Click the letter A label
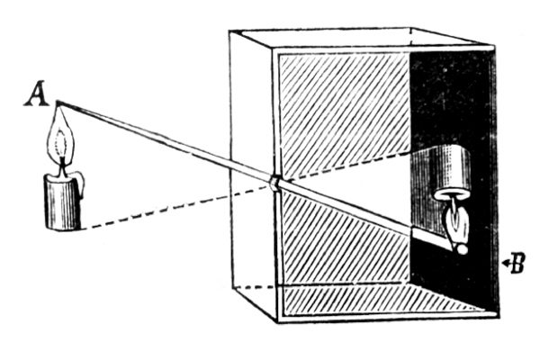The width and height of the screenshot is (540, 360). (37, 94)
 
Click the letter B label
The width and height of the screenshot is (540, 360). (517, 263)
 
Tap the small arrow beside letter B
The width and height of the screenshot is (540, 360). (505, 264)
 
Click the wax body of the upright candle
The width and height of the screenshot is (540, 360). (62, 202)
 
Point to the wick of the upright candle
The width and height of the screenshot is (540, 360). (62, 167)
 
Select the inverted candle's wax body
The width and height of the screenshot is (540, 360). (452, 171)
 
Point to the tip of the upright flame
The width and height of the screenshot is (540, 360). (58, 102)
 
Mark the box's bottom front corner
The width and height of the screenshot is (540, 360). (277, 322)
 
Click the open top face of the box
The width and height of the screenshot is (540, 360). (362, 39)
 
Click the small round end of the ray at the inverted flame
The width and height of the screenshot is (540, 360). (462, 248)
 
